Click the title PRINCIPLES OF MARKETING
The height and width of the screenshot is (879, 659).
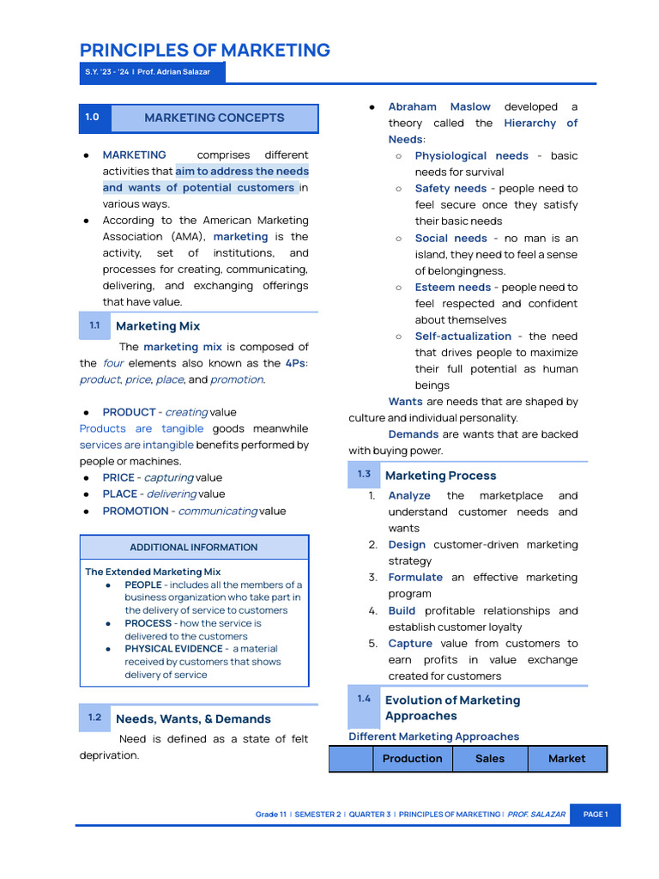point(204,50)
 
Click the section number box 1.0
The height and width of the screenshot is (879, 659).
point(92,118)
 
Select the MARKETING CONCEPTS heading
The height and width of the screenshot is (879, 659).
point(214,118)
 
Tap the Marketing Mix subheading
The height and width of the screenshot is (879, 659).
point(157,326)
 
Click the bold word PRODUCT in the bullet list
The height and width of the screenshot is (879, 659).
point(129,412)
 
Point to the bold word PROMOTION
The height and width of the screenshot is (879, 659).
point(135,511)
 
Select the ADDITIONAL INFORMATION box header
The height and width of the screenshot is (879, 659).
point(193,548)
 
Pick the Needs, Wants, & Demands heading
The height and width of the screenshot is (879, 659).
point(193,719)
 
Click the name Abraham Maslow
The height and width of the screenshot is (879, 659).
point(439,107)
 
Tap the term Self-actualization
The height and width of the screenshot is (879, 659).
point(463,336)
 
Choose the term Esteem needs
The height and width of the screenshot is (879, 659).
point(453,288)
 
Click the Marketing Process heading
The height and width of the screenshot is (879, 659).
point(440,476)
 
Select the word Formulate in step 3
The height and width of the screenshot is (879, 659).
point(415,578)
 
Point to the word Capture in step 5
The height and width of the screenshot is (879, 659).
point(410,644)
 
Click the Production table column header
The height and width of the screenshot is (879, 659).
point(412,759)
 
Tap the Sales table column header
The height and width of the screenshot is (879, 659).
point(490,759)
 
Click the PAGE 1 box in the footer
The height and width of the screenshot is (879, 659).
point(595,815)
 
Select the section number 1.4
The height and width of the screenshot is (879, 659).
point(364,699)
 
